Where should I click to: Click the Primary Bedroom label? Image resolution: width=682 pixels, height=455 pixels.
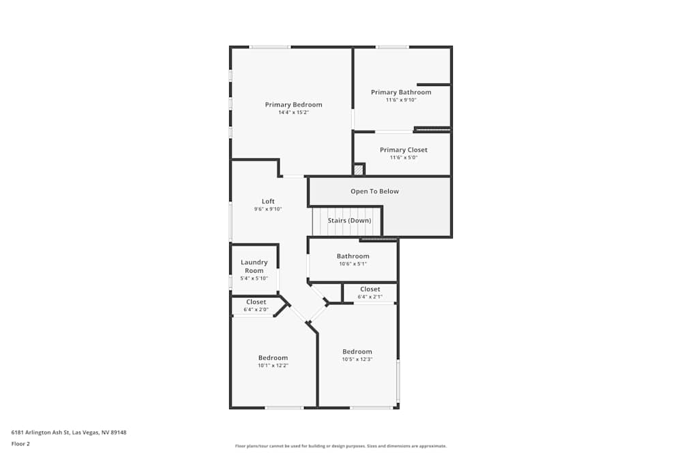click(293, 104)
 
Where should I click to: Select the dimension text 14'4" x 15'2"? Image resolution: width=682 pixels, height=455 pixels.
click(293, 113)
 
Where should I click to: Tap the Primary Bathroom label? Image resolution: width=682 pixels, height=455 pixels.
click(401, 92)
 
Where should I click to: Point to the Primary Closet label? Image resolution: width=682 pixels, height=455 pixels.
click(403, 150)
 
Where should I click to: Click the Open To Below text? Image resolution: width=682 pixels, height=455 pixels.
click(374, 191)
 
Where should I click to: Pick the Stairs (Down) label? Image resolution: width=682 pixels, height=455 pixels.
click(349, 220)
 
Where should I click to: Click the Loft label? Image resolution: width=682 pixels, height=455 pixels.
click(268, 201)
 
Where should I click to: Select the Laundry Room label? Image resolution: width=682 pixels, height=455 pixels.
click(254, 266)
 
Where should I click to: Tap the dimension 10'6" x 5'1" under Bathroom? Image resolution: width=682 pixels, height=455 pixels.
click(353, 264)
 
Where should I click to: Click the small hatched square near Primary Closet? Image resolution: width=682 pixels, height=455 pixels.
click(359, 169)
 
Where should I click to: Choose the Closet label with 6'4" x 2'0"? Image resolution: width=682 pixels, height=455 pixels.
click(256, 302)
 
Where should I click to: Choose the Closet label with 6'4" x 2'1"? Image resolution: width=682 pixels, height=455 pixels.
click(370, 289)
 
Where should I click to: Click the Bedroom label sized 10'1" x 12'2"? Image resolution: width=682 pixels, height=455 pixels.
click(273, 357)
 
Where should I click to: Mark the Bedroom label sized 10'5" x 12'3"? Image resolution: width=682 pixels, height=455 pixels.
click(357, 351)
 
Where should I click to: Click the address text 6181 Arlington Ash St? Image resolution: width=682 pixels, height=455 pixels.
click(69, 432)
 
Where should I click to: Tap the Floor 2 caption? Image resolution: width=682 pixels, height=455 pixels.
click(20, 443)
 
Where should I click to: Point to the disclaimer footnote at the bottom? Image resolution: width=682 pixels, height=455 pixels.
click(341, 446)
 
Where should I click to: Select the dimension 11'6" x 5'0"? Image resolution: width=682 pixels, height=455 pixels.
click(403, 158)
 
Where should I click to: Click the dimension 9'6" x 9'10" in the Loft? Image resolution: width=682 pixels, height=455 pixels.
click(268, 209)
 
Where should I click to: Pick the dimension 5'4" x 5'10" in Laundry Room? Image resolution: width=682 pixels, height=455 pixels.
click(254, 278)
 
